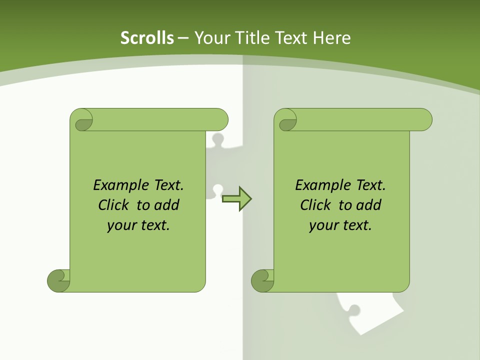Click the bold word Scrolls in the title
click(x=147, y=38)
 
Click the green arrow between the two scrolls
click(x=236, y=198)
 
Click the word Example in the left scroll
click(x=118, y=185)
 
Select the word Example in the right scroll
click(x=320, y=185)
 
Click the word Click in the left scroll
click(x=115, y=205)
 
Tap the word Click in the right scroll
click(x=317, y=205)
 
